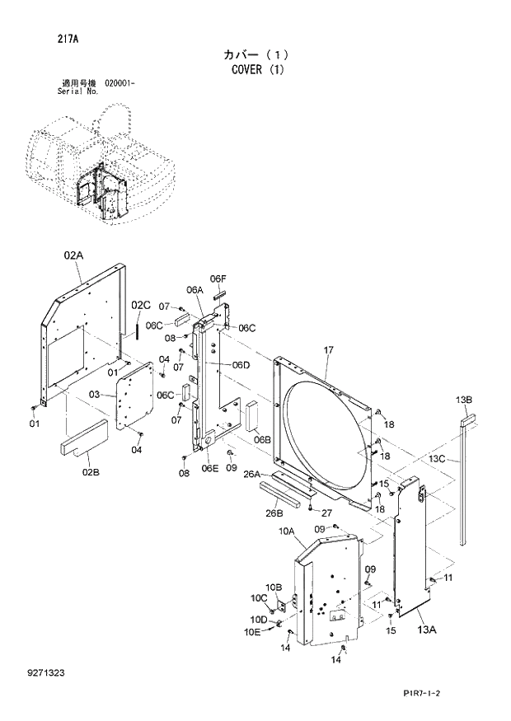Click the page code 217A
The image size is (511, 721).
(x=46, y=38)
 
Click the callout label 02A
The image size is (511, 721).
(x=73, y=256)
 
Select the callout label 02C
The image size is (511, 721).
(x=142, y=305)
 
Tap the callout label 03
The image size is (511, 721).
(x=95, y=396)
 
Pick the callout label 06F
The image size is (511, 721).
(x=218, y=279)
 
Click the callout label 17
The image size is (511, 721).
(x=328, y=350)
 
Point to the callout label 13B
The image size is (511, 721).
(x=463, y=400)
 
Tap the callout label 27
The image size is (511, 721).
(x=326, y=513)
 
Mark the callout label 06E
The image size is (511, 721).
(x=210, y=469)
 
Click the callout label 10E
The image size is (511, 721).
(x=252, y=632)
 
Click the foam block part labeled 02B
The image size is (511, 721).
(x=83, y=438)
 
